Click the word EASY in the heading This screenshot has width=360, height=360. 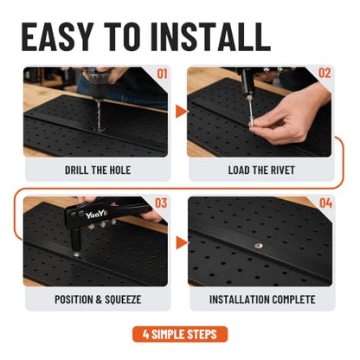point(57,36)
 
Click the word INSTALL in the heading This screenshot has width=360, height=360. point(210,36)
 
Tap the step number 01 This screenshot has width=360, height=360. point(162,74)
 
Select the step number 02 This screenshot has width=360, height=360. point(325,74)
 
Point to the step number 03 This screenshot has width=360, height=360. point(161,203)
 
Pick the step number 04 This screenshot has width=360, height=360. point(325,203)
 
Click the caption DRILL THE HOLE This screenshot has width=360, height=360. point(98,170)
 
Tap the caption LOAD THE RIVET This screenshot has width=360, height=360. point(261,170)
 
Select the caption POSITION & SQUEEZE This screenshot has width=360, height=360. point(98,299)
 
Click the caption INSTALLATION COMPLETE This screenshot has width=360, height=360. point(262,299)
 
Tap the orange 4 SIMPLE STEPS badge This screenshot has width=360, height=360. point(180,334)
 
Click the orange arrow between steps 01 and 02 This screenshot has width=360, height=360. point(181,112)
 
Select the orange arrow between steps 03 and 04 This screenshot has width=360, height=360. point(182,242)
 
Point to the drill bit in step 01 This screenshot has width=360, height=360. point(99,114)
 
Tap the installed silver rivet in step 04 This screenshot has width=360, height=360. point(258,246)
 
